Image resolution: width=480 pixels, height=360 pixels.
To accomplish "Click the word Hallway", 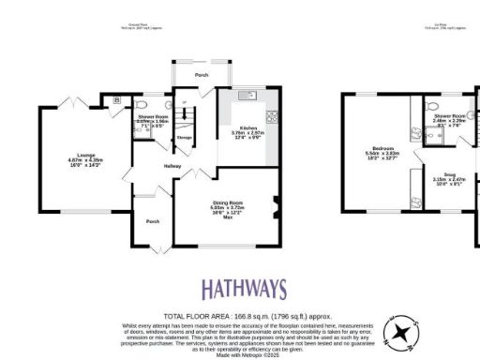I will [173, 166].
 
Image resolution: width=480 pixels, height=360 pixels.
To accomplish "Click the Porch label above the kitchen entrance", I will [201, 75].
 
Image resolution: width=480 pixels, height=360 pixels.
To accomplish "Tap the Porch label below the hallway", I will [152, 221].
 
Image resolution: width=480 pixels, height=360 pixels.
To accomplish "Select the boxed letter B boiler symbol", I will [116, 98].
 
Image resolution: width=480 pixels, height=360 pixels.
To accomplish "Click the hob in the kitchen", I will [273, 116].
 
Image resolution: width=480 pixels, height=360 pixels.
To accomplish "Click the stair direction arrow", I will [184, 102].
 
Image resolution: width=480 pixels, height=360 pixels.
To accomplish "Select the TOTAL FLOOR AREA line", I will [239, 315].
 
